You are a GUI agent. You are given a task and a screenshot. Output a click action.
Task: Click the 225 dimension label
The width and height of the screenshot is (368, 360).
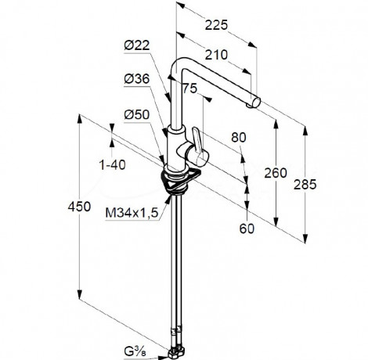click(x=216, y=25)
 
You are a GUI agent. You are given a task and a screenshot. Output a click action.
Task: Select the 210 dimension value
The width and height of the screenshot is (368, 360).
click(x=216, y=55)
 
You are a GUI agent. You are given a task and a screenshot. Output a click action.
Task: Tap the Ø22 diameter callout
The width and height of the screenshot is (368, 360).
click(x=137, y=45)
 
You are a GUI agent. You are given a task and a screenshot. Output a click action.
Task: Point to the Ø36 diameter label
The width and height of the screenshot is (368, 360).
click(x=137, y=78)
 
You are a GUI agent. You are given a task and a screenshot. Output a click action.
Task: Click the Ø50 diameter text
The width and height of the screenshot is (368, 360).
click(x=137, y=114)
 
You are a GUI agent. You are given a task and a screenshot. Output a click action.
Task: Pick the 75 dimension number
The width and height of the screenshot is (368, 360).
click(x=189, y=88)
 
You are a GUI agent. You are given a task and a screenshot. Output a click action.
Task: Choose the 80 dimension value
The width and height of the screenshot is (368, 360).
click(x=239, y=138)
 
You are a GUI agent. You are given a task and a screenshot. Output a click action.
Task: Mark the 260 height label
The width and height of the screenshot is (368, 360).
click(x=276, y=173)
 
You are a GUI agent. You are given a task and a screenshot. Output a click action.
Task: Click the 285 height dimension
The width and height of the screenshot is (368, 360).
click(x=305, y=185)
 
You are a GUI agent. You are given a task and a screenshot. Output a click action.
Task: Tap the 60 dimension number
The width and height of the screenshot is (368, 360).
click(x=247, y=229)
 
